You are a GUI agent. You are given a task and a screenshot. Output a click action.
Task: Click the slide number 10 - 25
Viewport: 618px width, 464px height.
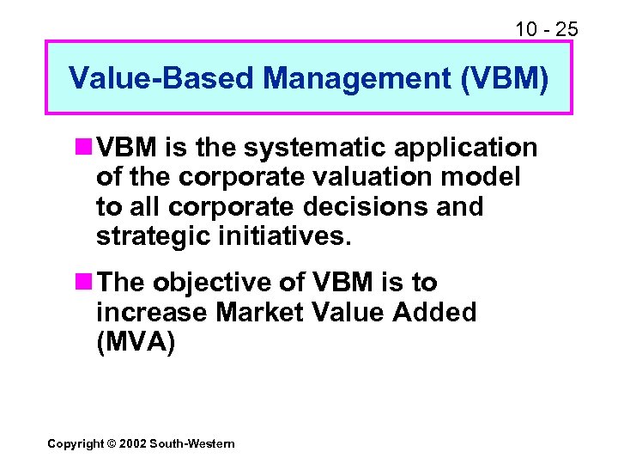click(x=546, y=30)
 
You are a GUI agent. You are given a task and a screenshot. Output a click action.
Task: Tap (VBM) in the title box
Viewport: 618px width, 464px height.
click(x=503, y=78)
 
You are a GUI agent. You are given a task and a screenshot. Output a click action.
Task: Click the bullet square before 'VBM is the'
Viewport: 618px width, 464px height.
click(x=84, y=148)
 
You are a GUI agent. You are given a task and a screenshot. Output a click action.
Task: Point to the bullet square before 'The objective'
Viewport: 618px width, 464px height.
click(x=84, y=283)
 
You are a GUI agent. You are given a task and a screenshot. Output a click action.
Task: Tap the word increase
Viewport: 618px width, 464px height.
click(x=151, y=312)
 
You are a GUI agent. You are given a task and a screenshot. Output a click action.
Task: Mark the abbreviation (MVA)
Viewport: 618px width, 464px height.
click(x=136, y=341)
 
